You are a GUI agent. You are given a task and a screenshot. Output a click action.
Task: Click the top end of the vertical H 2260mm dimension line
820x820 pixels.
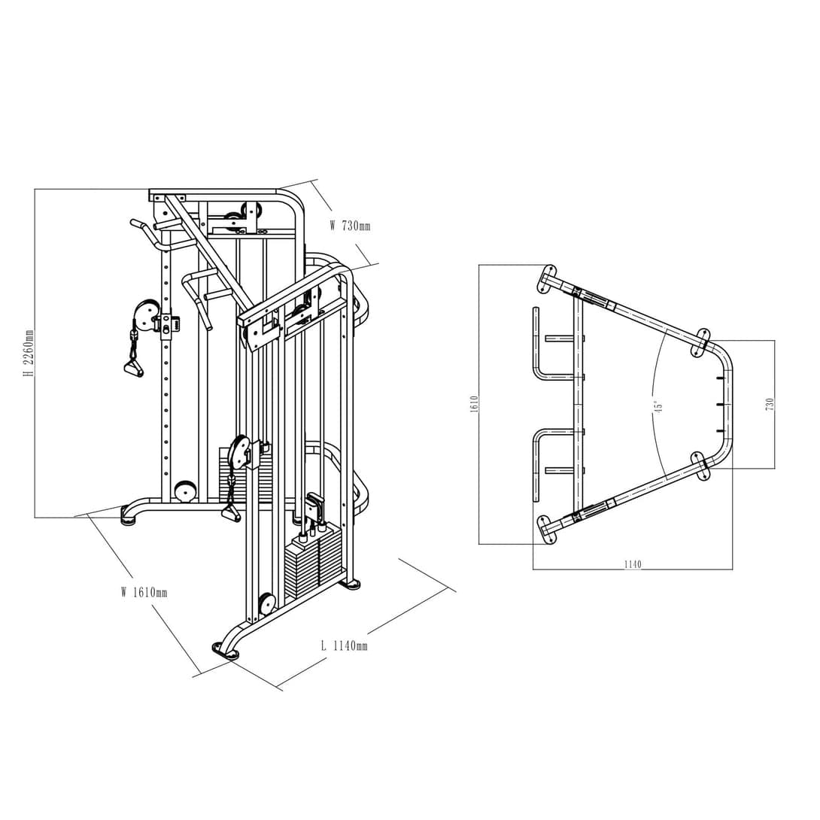pyautogui.click(x=35, y=189)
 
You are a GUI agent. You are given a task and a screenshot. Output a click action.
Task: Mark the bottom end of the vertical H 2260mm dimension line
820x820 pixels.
pyautogui.click(x=35, y=518)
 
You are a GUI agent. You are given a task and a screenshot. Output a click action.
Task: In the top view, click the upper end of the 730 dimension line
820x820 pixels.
pyautogui.click(x=775, y=341)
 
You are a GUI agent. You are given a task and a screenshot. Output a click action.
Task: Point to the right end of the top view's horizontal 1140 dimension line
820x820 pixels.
pyautogui.click(x=732, y=569)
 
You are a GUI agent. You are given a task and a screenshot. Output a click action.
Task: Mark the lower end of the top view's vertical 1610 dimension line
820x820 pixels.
pyautogui.click(x=479, y=544)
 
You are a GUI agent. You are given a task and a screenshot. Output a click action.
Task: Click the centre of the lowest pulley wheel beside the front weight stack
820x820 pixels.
pyautogui.click(x=267, y=603)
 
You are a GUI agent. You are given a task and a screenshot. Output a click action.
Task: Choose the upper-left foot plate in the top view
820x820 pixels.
pyautogui.click(x=546, y=278)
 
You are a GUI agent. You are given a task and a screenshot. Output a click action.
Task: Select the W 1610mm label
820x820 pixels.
pyautogui.click(x=144, y=592)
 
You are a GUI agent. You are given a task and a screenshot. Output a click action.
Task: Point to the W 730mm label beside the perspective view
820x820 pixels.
pyautogui.click(x=350, y=226)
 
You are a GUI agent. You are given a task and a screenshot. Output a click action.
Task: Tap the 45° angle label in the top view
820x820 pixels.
pyautogui.click(x=659, y=407)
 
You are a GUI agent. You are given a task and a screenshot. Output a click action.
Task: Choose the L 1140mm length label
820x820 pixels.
pyautogui.click(x=344, y=646)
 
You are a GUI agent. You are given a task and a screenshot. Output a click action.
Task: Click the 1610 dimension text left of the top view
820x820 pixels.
pyautogui.click(x=475, y=404)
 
